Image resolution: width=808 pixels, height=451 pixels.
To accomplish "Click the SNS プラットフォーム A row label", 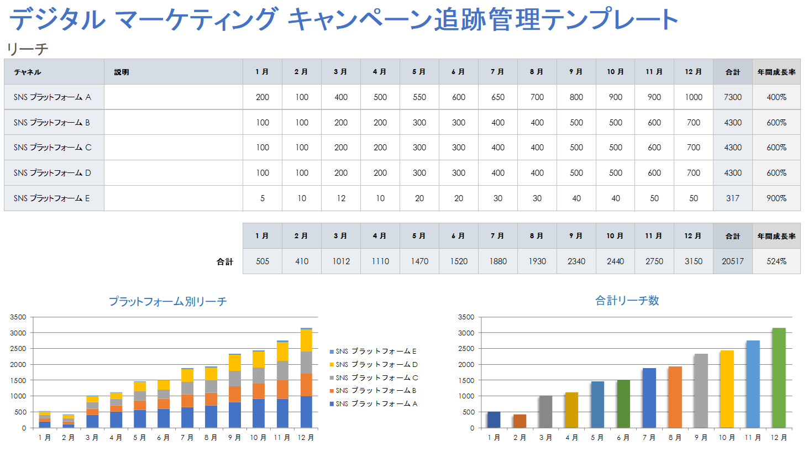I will coord(53,97).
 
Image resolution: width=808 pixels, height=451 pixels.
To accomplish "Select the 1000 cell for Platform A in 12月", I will coord(693,97).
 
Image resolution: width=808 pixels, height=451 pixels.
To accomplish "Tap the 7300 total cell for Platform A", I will coord(732,97).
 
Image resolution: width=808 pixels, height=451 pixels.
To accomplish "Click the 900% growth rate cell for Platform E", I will coord(776,198).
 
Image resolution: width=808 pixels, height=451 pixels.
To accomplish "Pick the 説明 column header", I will coord(122,72).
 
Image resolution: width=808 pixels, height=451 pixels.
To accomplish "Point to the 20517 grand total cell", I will coord(732,261).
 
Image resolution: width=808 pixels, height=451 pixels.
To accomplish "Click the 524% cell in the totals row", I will coord(776,261).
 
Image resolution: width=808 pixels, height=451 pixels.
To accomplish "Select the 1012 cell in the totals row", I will coord(341,261).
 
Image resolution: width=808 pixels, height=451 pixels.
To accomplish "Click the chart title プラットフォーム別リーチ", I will coord(167,302).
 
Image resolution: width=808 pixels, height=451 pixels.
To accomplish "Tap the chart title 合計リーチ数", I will coord(627,301).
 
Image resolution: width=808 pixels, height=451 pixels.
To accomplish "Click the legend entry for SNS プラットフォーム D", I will coord(376,365).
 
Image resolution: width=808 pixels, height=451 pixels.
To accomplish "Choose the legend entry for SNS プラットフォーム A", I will coord(376,404).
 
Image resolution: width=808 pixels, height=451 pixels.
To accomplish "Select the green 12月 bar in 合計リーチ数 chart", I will coord(779,378).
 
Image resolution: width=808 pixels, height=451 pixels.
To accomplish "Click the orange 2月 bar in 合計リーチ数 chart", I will coord(520,421).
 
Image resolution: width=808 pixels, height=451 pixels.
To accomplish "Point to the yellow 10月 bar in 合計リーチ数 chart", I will coord(727,389).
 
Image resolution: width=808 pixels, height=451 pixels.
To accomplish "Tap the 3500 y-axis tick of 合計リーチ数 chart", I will coord(466,317).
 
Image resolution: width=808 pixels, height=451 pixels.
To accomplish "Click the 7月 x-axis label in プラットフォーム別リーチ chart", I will coord(187,438).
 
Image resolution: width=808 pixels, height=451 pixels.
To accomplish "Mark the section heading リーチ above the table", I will coord(28,49).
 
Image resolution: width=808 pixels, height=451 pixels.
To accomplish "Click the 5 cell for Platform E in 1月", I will coord(263,198).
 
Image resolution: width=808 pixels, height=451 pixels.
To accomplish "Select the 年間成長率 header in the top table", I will coord(776,72).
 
